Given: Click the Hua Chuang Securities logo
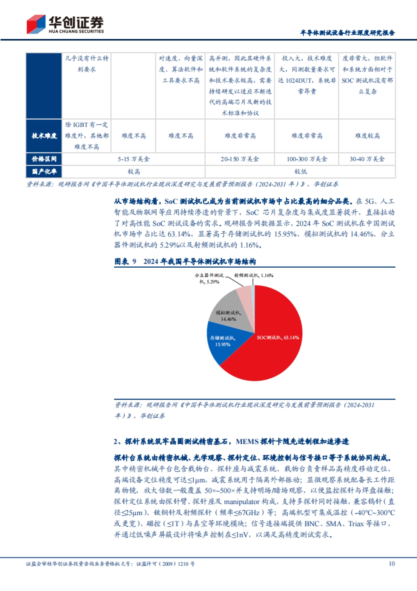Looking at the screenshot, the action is pos(65,24).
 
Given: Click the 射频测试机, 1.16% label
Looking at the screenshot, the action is pos(254,275).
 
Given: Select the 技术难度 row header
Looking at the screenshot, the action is pos(44,136).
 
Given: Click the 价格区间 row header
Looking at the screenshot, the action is pos(44,159).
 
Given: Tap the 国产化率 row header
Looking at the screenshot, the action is pos(44,172).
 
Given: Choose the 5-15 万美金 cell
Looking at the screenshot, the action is pos(133,159).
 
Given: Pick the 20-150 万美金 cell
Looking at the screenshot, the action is pos(240,159).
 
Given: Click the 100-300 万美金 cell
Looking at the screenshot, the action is pos(306,159).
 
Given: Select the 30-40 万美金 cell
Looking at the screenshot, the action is pos(367,159).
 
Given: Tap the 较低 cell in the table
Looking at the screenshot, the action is pos(300,172).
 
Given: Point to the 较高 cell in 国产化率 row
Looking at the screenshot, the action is pos(133,172).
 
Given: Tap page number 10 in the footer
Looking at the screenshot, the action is pos(392,564).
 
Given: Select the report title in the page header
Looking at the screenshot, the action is pos(347,33).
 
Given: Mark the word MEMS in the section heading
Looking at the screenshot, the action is pos(247,442).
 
